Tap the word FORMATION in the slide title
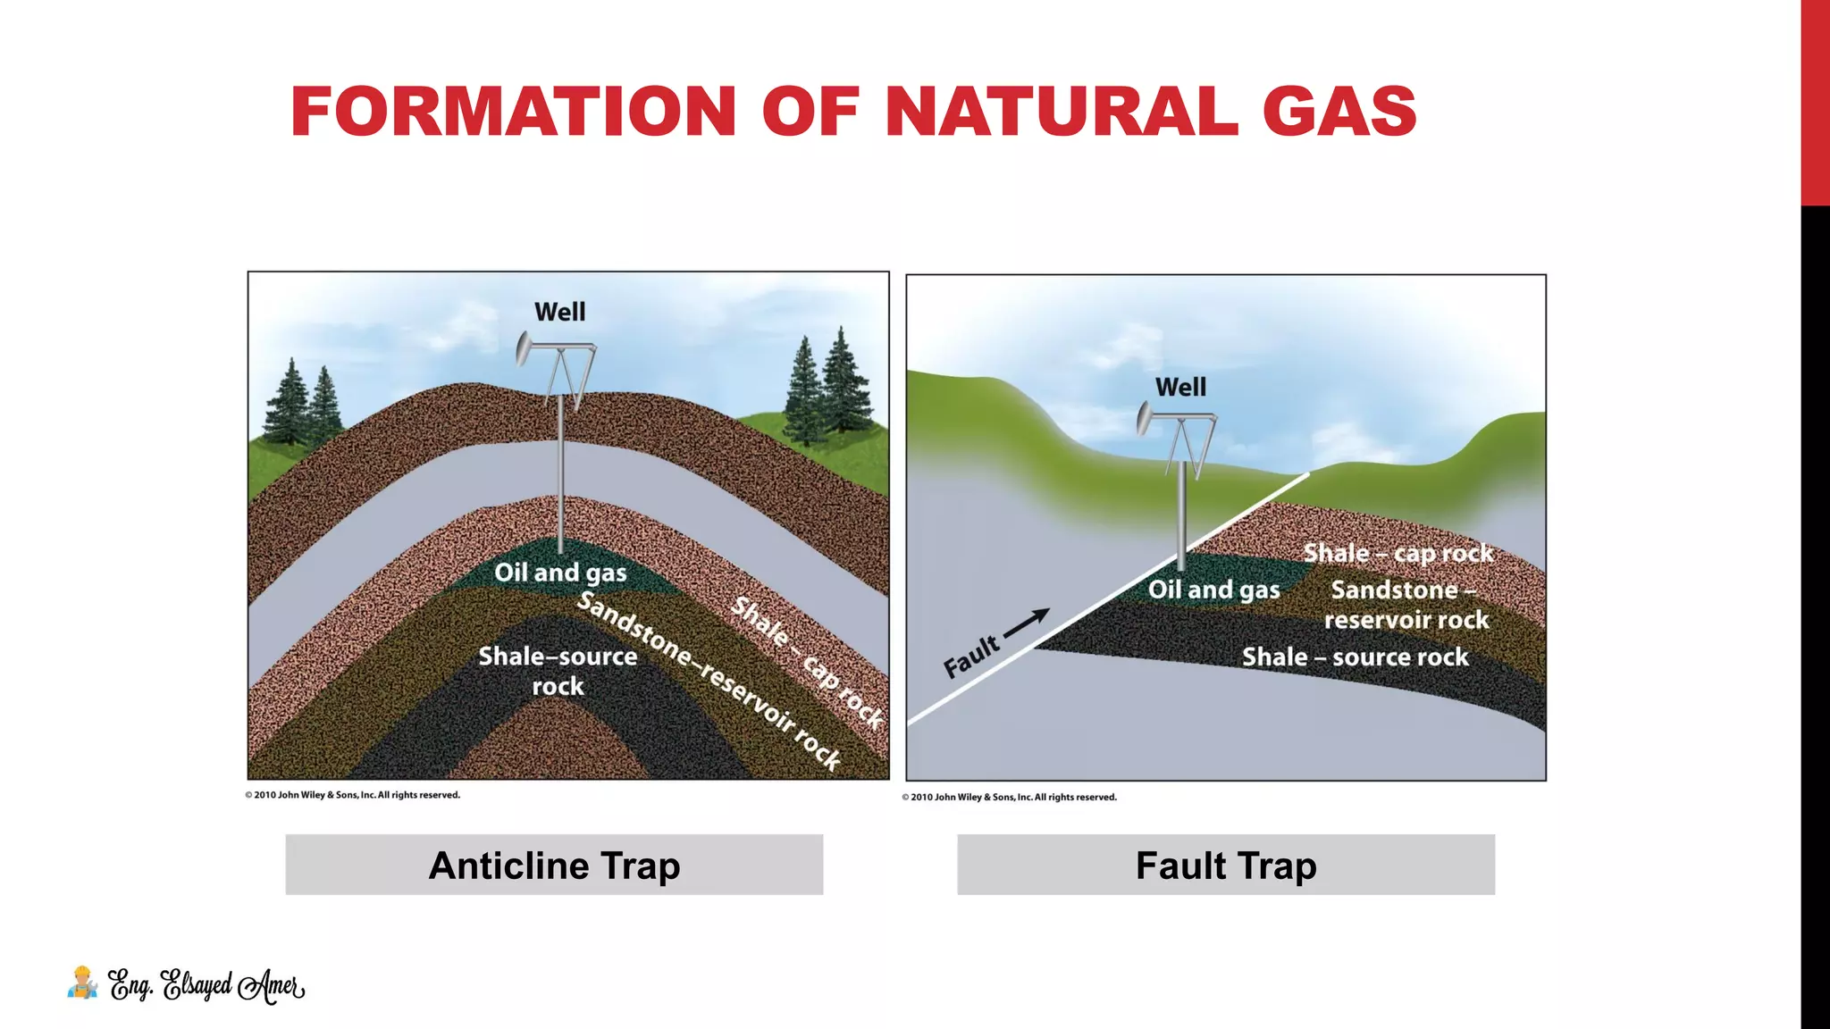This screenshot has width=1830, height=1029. point(513,112)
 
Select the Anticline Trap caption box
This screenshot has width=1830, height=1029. point(554,865)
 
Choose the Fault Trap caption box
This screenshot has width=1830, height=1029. point(1226,865)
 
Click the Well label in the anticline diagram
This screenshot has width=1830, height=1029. point(559,312)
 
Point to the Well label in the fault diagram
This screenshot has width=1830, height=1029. point(1180,387)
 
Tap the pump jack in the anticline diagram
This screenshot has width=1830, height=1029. point(556,366)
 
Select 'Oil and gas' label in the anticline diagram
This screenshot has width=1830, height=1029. point(560,572)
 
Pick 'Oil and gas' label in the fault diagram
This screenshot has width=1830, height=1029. point(1213,590)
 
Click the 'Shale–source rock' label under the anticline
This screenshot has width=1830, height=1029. point(558,671)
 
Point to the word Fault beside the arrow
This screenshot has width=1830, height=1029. point(971,657)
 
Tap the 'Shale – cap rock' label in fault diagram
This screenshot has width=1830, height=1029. point(1398,553)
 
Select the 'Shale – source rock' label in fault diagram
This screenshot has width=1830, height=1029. point(1355,657)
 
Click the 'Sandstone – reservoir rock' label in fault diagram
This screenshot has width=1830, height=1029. point(1406,605)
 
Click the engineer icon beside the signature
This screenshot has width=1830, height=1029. point(82,983)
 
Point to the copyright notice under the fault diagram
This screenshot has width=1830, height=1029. point(1009,797)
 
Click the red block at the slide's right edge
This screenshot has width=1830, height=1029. point(1815,103)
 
